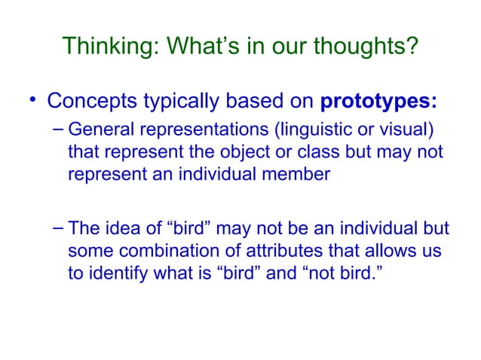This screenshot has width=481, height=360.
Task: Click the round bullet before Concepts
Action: pyautogui.click(x=32, y=101)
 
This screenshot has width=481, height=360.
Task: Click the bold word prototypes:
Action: pyautogui.click(x=374, y=100)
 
